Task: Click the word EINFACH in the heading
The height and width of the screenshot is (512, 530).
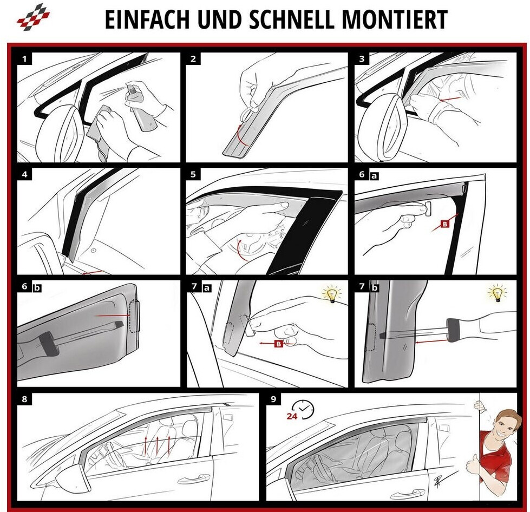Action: [148, 19]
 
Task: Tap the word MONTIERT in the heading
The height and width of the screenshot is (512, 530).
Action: [395, 19]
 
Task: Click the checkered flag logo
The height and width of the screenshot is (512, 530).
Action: [33, 16]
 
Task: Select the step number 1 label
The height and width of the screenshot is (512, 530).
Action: [24, 59]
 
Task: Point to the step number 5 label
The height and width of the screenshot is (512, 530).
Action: [193, 174]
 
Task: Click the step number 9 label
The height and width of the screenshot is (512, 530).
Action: [273, 399]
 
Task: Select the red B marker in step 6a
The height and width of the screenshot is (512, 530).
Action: [445, 224]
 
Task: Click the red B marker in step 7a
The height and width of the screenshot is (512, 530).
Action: [278, 344]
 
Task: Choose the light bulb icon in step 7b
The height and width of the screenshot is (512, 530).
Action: [498, 293]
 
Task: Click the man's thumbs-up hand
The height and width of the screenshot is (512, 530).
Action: [473, 465]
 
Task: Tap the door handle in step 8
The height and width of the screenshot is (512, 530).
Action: [193, 478]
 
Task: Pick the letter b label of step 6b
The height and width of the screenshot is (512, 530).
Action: [37, 288]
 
